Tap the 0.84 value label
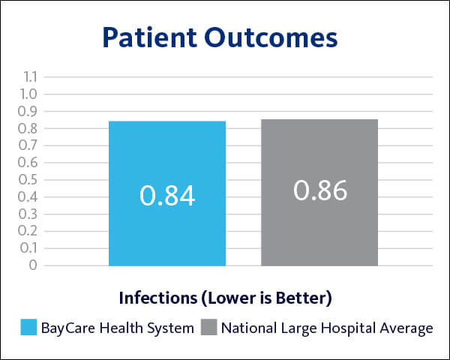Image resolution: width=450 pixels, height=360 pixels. point(166,195)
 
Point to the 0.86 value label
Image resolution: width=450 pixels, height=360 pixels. point(320,190)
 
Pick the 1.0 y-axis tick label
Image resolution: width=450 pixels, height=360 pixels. point(29,94)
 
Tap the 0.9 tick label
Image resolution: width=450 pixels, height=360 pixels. point(29,111)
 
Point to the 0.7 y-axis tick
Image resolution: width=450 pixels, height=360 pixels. point(29,145)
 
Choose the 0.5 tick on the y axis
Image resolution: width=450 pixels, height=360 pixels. point(29,179)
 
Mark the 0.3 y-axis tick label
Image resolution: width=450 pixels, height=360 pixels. point(29,214)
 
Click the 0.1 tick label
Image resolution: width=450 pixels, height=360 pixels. point(29,247)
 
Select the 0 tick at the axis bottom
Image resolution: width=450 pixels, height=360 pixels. point(33,265)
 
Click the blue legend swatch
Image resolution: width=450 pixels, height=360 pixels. point(28,328)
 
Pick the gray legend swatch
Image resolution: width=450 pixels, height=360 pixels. point(209,328)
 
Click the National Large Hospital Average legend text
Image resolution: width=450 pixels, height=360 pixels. point(326,328)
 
